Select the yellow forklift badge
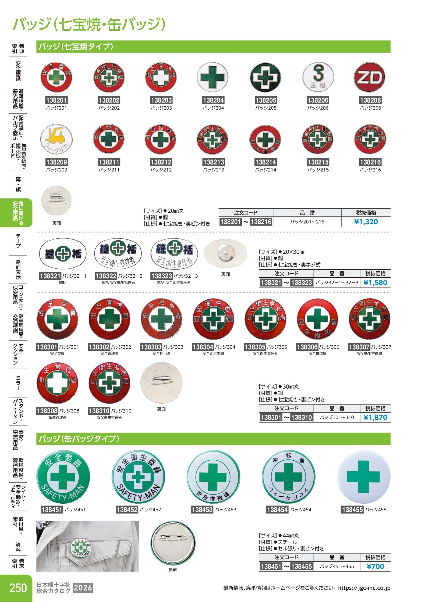[x=56, y=139]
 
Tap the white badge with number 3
[x=318, y=77]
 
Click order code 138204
[x=213, y=100]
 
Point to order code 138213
[x=213, y=162]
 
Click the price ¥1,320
[x=366, y=222]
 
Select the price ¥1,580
[x=375, y=283]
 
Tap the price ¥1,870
[x=375, y=417]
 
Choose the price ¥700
[x=375, y=566]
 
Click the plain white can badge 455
[x=363, y=477]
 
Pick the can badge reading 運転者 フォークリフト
[x=288, y=477]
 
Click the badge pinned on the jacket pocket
[x=81, y=547]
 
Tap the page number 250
[x=18, y=588]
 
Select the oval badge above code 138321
[x=63, y=253]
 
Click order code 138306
[x=307, y=347]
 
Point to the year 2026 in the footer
[x=83, y=588]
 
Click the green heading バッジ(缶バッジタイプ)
[x=79, y=439]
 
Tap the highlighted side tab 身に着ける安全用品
[x=18, y=213]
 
